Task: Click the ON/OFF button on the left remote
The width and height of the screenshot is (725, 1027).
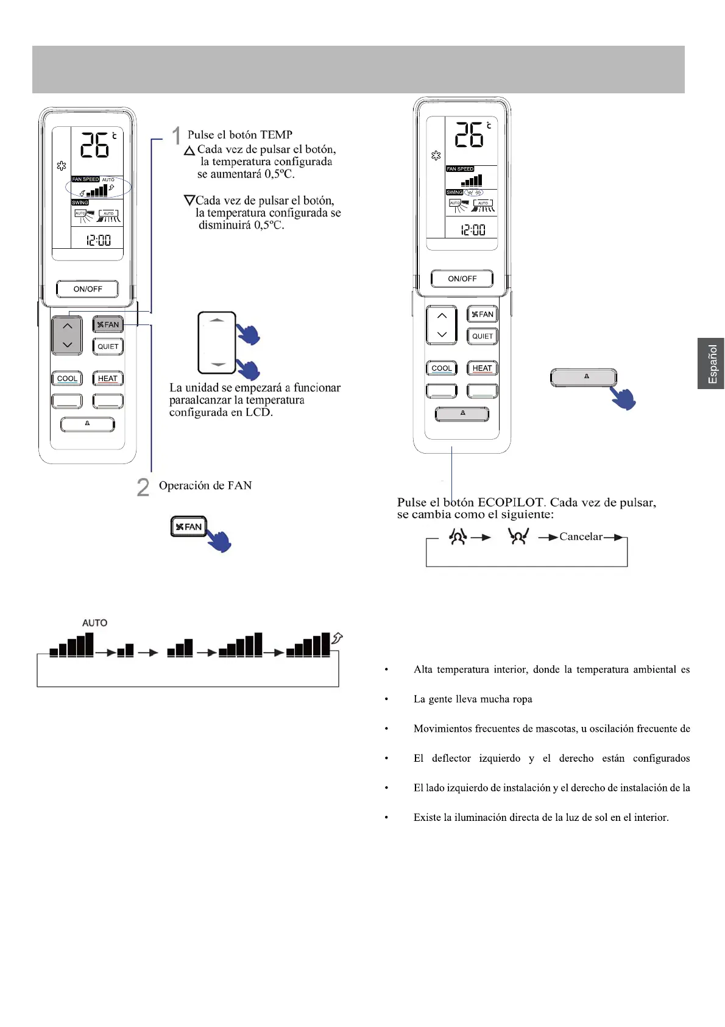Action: coord(87,289)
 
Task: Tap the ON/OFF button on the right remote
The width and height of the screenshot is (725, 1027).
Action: coord(462,279)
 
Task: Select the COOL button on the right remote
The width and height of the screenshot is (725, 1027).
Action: coord(442,368)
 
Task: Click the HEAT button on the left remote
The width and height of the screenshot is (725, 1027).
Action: coord(108,379)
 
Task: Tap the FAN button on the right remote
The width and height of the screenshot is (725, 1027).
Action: coord(483,315)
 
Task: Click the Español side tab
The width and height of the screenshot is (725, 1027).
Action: coord(711,363)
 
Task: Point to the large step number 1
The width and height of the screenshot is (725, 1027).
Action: coord(176,135)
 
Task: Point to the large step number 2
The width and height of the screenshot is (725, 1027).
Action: coord(143,487)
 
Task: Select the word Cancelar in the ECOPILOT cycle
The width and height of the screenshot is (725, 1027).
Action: coord(581,537)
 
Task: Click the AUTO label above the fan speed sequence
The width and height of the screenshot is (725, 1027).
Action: coord(94,623)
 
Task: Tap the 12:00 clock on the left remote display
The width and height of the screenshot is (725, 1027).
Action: coord(98,240)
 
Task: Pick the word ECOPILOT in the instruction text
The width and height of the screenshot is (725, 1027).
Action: coord(511,503)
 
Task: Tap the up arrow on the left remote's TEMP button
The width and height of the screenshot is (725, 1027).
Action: coord(67,326)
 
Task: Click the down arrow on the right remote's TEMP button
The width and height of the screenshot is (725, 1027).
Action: coord(442,334)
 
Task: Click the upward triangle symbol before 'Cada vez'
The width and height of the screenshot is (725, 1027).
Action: coord(189,150)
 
